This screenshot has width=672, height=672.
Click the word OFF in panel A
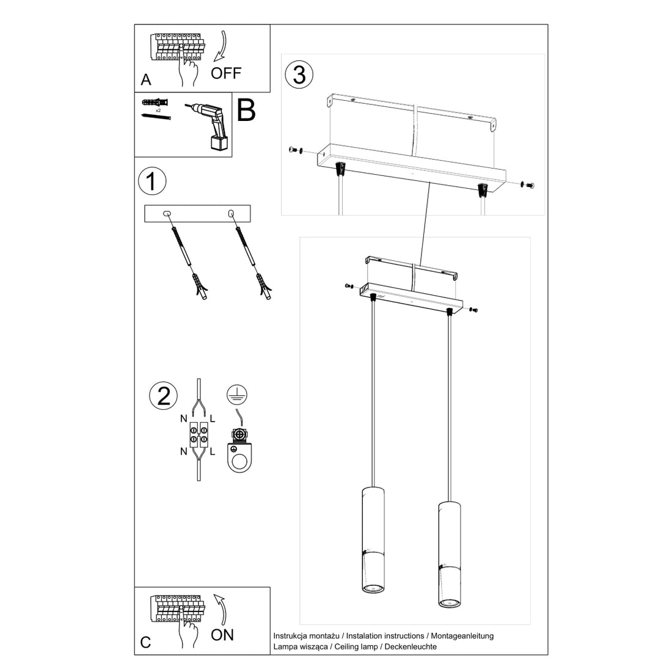click(x=226, y=73)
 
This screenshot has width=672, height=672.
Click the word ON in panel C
click(x=222, y=635)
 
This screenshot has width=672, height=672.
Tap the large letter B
click(x=246, y=111)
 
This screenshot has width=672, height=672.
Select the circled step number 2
click(x=163, y=396)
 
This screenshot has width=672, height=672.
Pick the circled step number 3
click(x=299, y=75)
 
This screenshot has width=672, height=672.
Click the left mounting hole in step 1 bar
click(x=167, y=213)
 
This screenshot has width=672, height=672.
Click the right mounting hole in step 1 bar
click(x=231, y=213)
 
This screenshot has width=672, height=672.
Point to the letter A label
click(x=145, y=80)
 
